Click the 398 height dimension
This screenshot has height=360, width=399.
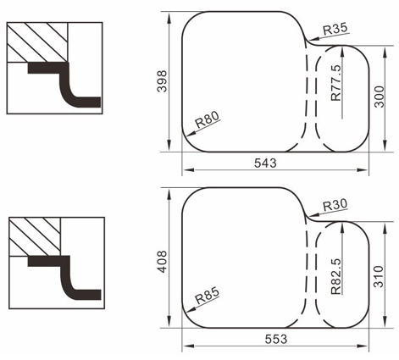tap(162, 81)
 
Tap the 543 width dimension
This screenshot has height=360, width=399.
tap(265, 163)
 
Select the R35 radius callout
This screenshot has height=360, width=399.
tap(335, 29)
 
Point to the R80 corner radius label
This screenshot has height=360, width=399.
tap(208, 119)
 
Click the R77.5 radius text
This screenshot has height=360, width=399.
tap(336, 83)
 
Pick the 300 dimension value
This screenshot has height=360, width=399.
tap(380, 97)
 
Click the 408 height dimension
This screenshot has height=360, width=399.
tap(162, 262)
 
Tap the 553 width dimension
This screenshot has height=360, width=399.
tap(276, 339)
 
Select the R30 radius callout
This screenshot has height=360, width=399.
tap(335, 205)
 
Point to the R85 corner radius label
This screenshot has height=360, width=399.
tap(208, 296)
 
